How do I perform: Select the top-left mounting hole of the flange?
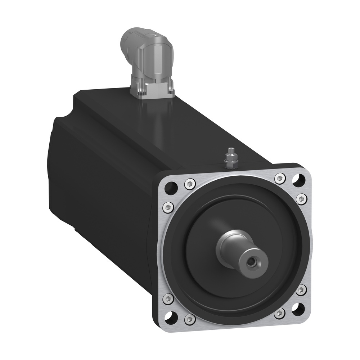point(172,188)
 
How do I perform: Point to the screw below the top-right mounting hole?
point(302,198)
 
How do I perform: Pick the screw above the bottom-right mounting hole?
point(301,289)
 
